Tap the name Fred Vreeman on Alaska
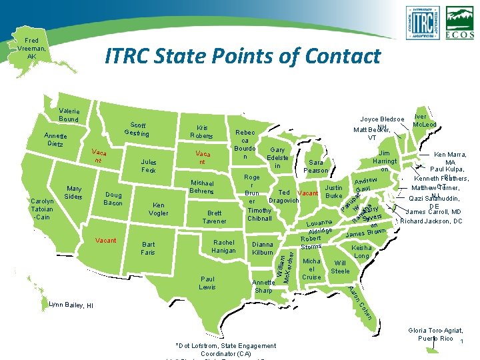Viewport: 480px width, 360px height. (x=31, y=48)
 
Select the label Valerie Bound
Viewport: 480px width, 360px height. (x=69, y=115)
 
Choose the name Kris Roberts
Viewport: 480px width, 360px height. (x=201, y=131)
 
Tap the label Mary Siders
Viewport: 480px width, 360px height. (x=73, y=192)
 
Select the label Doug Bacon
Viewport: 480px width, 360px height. (x=113, y=199)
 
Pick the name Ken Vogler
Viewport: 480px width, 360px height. (x=159, y=209)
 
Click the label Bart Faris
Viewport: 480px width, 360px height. (x=148, y=249)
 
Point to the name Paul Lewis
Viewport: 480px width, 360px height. (x=207, y=282)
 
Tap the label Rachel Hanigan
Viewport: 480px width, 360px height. (x=224, y=246)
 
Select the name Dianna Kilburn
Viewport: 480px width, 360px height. (x=263, y=249)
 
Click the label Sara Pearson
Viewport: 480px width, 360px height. (x=315, y=166)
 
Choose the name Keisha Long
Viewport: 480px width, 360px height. (x=362, y=251)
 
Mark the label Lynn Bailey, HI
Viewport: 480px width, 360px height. (x=71, y=305)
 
